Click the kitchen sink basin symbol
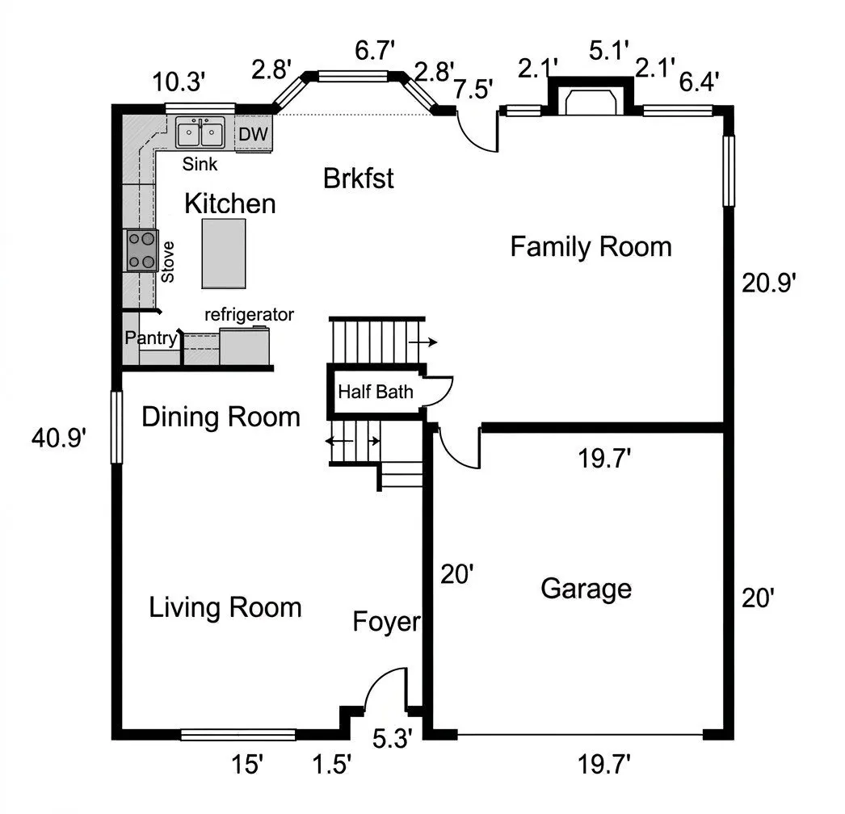[x=200, y=132]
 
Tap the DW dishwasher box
[x=254, y=133]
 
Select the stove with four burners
[x=141, y=250]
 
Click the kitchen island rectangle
[x=224, y=254]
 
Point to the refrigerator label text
[x=249, y=314]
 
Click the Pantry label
[x=151, y=338]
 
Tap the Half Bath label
[x=376, y=392]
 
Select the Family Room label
[x=591, y=247]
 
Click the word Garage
[x=586, y=589]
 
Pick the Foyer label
[x=386, y=622]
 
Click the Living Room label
[x=225, y=607]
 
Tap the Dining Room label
[x=221, y=417]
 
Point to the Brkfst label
[x=359, y=178]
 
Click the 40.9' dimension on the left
[x=59, y=438]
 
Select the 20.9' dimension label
[x=769, y=283]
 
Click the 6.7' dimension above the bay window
[x=375, y=51]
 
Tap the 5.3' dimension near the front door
[x=393, y=738]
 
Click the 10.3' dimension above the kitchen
[x=179, y=82]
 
